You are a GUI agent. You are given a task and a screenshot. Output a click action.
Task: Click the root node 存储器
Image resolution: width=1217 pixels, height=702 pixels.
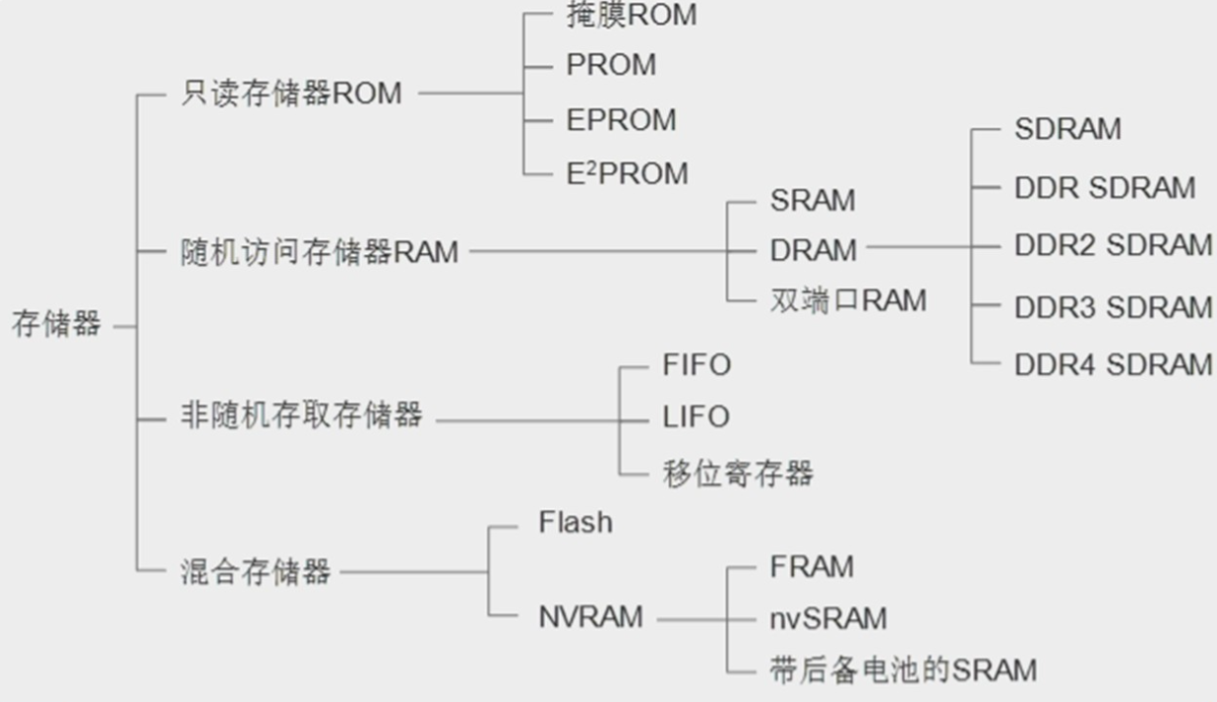(x=56, y=324)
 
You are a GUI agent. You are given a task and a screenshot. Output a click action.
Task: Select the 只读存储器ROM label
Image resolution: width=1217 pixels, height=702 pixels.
(x=291, y=93)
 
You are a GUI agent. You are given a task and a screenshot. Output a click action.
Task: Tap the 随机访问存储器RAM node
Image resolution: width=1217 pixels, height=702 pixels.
(x=320, y=252)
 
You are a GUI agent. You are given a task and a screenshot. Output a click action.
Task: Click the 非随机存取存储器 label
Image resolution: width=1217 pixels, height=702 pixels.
(x=301, y=415)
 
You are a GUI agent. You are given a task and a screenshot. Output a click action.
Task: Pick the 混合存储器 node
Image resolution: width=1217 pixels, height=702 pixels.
(x=256, y=571)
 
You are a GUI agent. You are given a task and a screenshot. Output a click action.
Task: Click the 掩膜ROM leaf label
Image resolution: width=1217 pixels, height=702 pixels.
(x=632, y=15)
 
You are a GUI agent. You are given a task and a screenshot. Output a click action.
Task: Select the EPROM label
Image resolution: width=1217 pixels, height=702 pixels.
(x=621, y=120)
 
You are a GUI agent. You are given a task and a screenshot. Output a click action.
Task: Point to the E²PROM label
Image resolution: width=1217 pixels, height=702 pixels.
(x=627, y=173)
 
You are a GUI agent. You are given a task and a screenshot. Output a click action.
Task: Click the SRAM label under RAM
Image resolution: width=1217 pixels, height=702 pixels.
(x=813, y=200)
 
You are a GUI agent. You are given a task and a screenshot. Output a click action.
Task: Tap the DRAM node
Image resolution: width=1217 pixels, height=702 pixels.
(x=814, y=250)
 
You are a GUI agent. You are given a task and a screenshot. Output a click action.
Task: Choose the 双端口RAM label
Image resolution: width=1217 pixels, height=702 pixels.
(x=848, y=300)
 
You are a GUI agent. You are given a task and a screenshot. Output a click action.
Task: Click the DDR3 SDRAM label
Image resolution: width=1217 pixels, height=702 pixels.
(x=1114, y=307)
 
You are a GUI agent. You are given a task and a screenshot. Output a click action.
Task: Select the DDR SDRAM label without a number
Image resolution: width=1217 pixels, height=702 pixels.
(x=1105, y=188)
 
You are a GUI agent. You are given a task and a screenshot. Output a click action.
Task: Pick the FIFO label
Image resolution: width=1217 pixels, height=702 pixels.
(x=697, y=364)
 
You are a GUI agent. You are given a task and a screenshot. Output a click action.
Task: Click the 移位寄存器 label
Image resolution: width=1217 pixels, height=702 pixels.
(x=738, y=473)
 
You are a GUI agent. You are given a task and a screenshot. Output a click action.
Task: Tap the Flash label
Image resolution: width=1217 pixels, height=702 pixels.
(x=576, y=522)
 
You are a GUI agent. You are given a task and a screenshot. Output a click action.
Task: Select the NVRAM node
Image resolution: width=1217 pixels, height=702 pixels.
(x=590, y=617)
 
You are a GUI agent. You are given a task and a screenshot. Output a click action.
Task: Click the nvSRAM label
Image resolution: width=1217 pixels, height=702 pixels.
(x=828, y=619)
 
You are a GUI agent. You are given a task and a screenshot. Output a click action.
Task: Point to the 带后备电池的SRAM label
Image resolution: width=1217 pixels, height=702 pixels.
(x=903, y=670)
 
